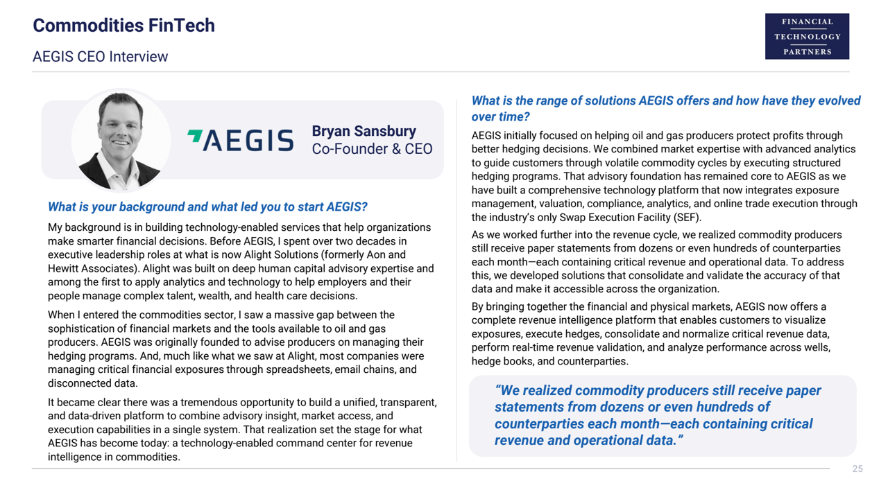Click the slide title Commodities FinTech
[x=123, y=26]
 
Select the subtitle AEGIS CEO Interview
[x=100, y=57]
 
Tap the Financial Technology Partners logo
[x=807, y=36]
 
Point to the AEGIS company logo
[x=241, y=140]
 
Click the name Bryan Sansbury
[x=364, y=131]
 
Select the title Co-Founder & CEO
[x=372, y=149]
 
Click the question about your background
[x=207, y=207]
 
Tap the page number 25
[x=857, y=469]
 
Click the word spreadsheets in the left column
[x=295, y=370]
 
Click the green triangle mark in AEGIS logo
[x=195, y=136]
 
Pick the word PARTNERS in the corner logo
[x=807, y=52]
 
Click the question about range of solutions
[x=665, y=109]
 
